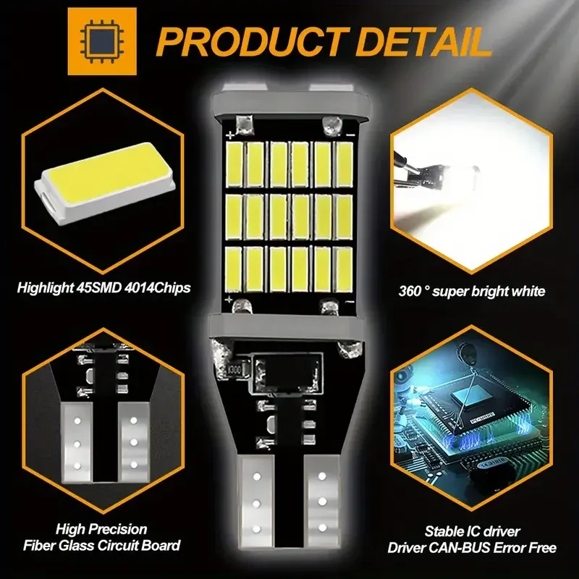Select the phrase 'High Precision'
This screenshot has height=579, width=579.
(x=94, y=529)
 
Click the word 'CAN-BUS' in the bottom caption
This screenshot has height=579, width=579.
(x=470, y=548)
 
